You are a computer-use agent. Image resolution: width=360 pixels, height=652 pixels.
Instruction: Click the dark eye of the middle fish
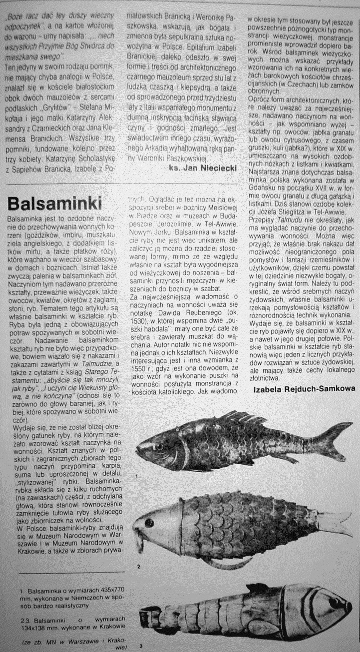[149, 523]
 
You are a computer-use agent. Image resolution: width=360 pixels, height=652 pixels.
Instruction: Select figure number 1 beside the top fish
[136, 476]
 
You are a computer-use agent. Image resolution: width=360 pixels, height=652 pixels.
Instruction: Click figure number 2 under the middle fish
[138, 566]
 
